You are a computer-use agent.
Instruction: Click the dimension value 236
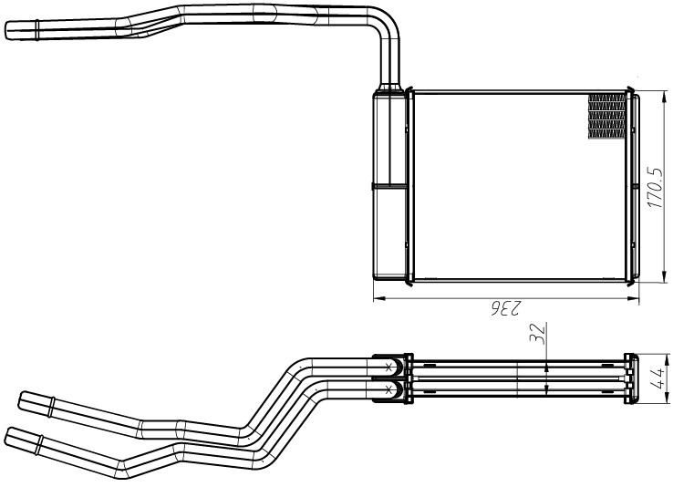click(x=506, y=307)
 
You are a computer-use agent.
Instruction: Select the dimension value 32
click(x=537, y=334)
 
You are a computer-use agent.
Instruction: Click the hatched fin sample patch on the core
click(x=606, y=117)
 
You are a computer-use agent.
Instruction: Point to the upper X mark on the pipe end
click(x=388, y=367)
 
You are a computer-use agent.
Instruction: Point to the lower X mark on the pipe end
click(x=388, y=389)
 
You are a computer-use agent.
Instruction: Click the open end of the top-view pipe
click(x=7, y=31)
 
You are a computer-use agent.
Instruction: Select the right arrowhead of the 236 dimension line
click(x=634, y=298)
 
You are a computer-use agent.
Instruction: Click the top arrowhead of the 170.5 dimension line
click(x=665, y=96)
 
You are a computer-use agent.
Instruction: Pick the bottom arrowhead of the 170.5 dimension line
click(x=665, y=277)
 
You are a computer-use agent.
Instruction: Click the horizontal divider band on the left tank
click(x=388, y=187)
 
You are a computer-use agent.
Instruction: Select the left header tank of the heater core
click(x=389, y=185)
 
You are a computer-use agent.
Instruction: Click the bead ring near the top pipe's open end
click(x=37, y=30)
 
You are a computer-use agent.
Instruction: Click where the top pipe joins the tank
click(x=390, y=88)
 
